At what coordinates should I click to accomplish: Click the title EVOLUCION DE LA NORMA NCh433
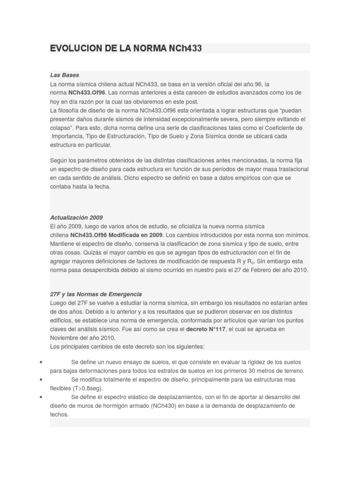click(x=126, y=48)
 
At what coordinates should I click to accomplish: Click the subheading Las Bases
click(x=65, y=75)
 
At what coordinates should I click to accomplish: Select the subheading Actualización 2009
click(x=76, y=217)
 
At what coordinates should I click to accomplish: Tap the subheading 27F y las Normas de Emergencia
click(x=96, y=294)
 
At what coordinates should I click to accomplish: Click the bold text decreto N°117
click(x=207, y=330)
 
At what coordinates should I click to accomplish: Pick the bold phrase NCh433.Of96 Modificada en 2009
click(x=117, y=235)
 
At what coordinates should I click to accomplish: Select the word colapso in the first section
click(x=62, y=127)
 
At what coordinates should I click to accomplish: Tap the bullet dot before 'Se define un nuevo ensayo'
click(x=42, y=362)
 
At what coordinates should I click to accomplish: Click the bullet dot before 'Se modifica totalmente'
click(x=42, y=380)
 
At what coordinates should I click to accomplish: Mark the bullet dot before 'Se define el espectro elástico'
click(x=42, y=397)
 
